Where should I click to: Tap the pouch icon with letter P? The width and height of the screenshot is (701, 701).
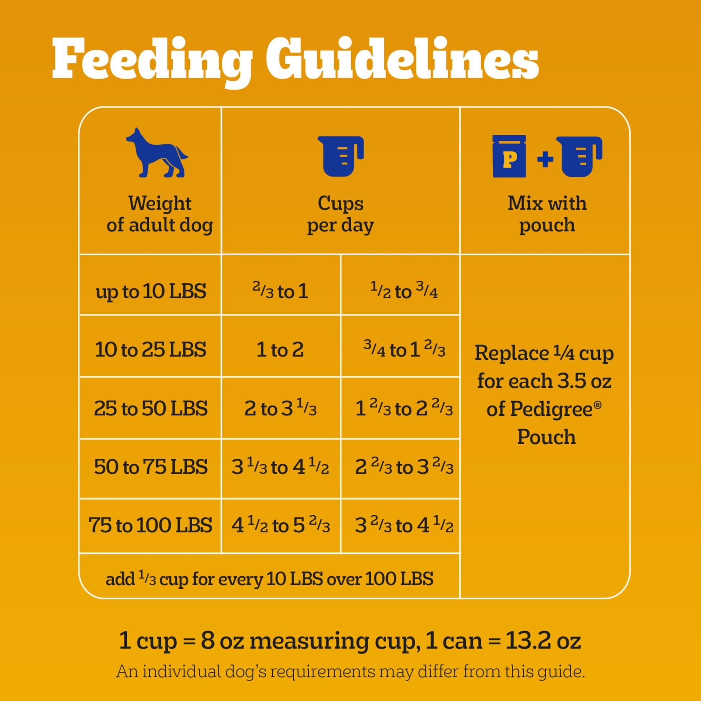click(509, 156)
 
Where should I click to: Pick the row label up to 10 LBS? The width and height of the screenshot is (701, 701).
click(151, 291)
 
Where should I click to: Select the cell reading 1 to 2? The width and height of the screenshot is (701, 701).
click(280, 349)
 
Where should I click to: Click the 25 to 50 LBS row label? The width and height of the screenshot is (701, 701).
click(151, 408)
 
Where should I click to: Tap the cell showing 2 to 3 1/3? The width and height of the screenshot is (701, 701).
click(280, 408)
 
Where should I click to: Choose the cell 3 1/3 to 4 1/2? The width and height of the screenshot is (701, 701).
click(280, 466)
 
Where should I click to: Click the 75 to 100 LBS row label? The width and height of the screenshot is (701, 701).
click(151, 525)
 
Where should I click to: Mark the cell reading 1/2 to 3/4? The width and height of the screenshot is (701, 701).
click(403, 291)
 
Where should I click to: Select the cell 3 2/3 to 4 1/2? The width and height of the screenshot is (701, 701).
click(403, 525)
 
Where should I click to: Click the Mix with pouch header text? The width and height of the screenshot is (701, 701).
click(546, 214)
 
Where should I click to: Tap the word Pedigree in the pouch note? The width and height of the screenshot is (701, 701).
click(539, 409)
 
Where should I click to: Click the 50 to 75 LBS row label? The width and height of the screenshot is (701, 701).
click(151, 466)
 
